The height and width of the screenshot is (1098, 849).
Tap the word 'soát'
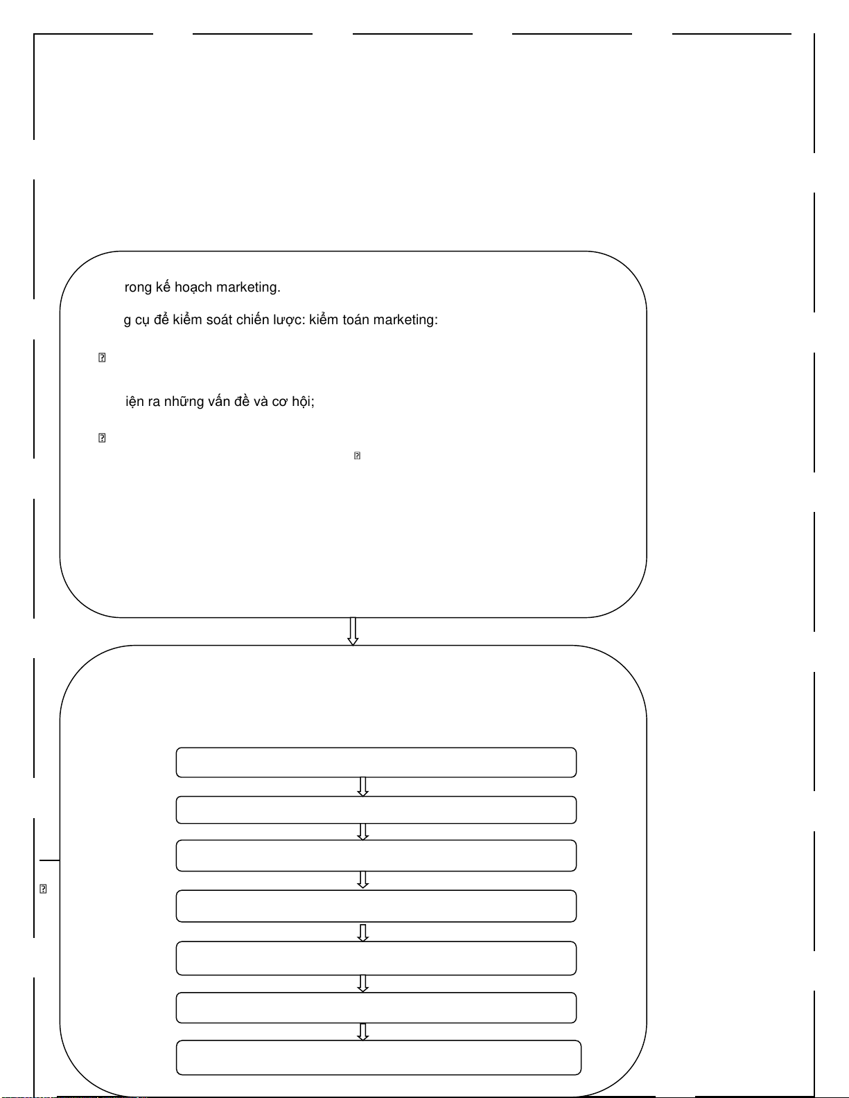point(220,320)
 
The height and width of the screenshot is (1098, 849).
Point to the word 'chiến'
point(252,320)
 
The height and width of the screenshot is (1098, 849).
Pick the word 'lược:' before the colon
point(289,320)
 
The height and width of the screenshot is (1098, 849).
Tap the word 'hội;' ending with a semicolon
point(303,402)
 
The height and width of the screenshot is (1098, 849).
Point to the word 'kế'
point(164,287)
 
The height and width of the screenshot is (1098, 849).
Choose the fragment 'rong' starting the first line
point(138,287)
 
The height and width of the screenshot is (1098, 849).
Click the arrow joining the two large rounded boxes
point(353,631)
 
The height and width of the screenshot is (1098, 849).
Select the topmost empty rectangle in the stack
point(376,762)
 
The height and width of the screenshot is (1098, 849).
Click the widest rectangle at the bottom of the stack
point(378,1057)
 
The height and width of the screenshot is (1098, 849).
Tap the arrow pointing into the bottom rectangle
point(362,1031)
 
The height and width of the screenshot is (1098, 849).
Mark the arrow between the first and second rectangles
point(362,786)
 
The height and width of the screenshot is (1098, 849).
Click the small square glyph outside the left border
point(43,889)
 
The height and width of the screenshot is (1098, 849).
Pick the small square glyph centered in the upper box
point(357,455)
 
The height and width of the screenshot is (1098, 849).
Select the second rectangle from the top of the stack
point(376,810)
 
